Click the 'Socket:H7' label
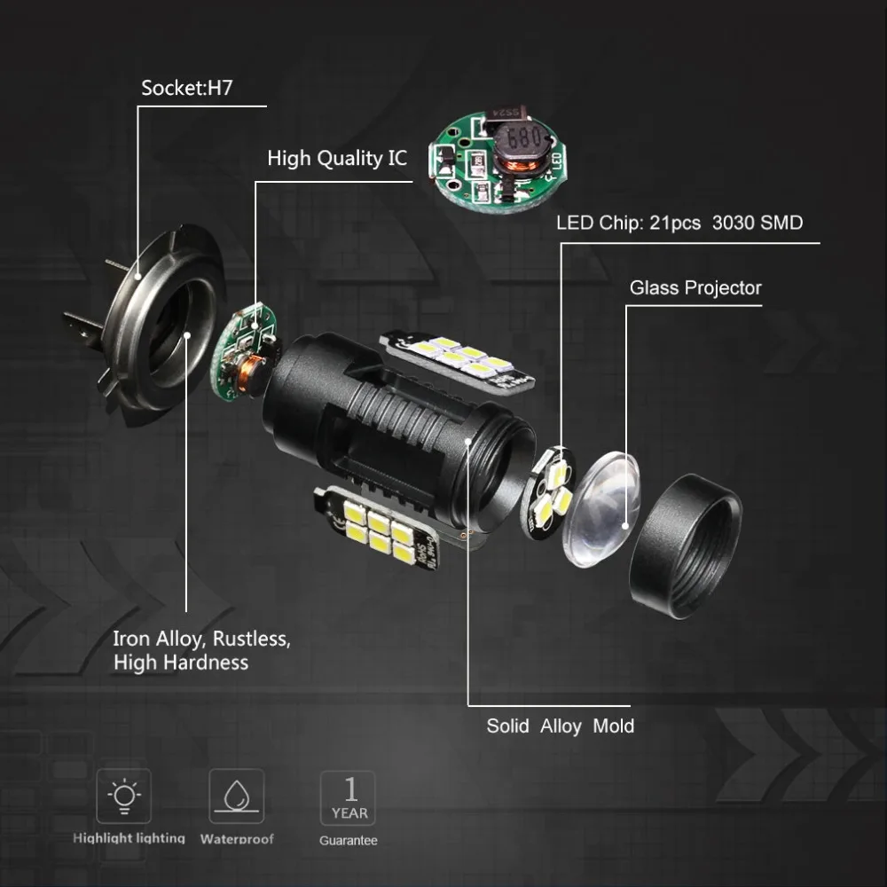click(186, 90)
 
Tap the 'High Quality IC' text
click(337, 159)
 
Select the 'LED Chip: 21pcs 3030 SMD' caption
click(679, 223)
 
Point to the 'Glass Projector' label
click(695, 288)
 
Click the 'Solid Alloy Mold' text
click(560, 726)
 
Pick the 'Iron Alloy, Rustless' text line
click(201, 639)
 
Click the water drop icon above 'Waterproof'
click(236, 795)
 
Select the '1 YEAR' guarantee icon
click(348, 797)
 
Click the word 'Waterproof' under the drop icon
click(237, 839)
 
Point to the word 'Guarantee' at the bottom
click(349, 840)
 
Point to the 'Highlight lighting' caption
click(129, 838)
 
